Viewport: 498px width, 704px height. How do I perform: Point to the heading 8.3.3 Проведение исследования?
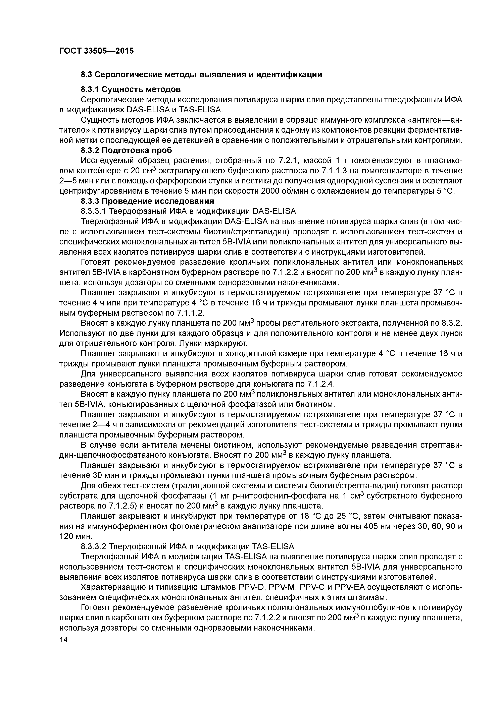[x=147, y=201]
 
